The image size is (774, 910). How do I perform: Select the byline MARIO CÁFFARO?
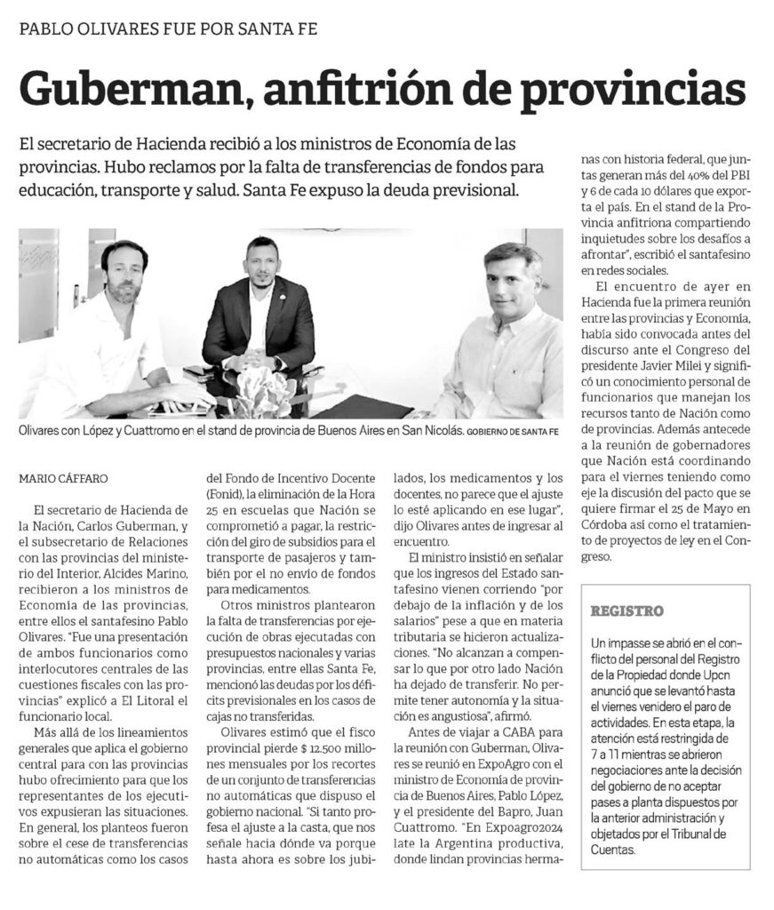63,478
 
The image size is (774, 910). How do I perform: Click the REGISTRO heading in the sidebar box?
627,611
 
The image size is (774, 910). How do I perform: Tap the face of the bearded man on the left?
124,271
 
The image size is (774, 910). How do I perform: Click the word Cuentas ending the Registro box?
618,849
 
